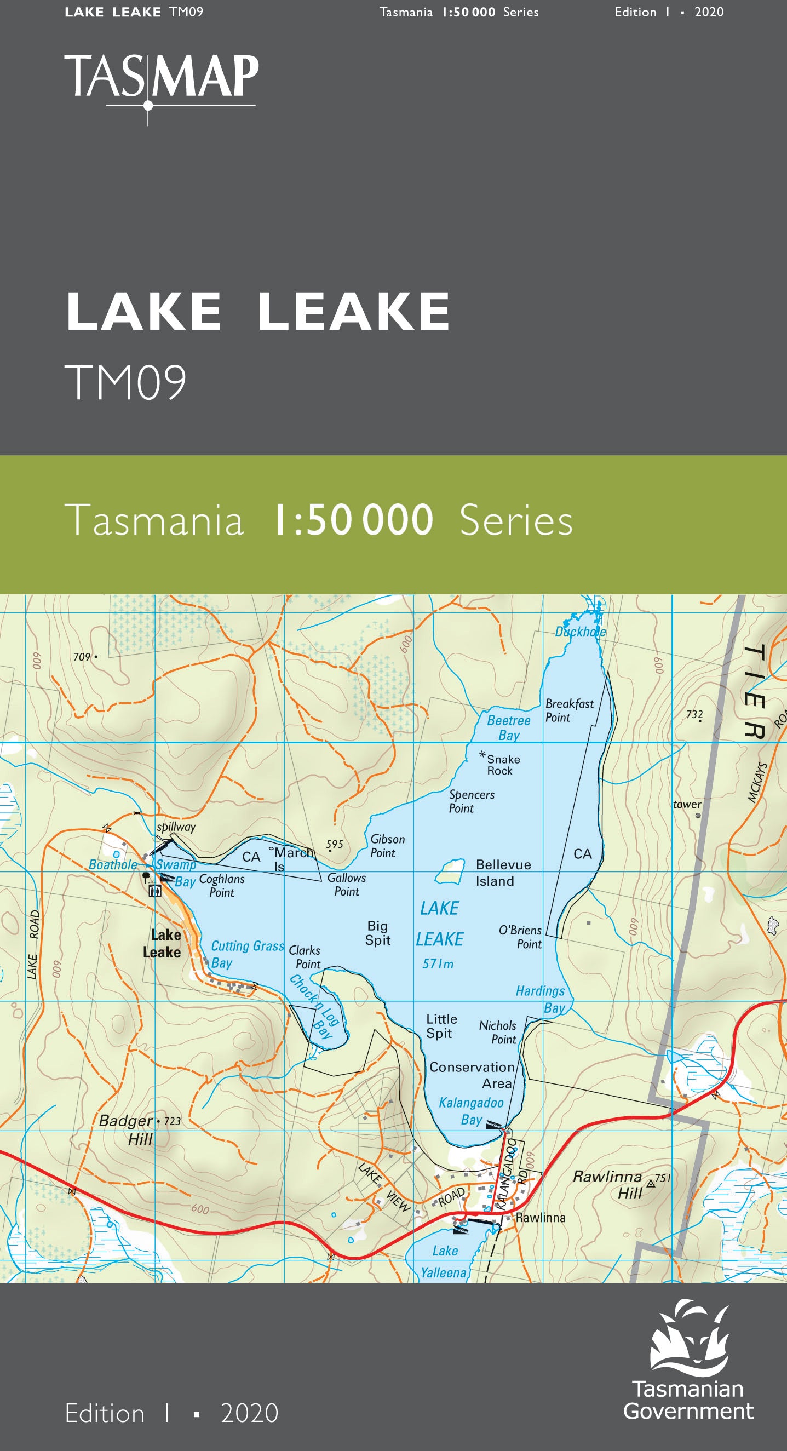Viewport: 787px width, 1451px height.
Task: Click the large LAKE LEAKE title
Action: (258, 311)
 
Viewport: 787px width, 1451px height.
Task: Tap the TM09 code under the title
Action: (125, 382)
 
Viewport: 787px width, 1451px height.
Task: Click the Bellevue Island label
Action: (503, 873)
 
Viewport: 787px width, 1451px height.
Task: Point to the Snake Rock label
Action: (503, 765)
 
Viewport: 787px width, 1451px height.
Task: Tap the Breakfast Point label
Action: (568, 710)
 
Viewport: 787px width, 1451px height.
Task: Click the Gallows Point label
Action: (347, 884)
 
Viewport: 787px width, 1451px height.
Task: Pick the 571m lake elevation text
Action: (438, 963)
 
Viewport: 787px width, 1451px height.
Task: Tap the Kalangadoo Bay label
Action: (471, 1111)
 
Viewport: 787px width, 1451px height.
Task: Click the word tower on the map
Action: (687, 804)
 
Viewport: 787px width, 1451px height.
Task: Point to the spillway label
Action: (176, 827)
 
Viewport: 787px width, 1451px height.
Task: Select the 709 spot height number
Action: (82, 657)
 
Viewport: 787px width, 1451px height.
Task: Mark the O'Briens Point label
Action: (520, 937)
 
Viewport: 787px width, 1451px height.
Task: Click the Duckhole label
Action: (580, 632)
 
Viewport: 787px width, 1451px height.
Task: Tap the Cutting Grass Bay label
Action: (247, 954)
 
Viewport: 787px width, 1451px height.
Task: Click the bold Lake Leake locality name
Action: (162, 943)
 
